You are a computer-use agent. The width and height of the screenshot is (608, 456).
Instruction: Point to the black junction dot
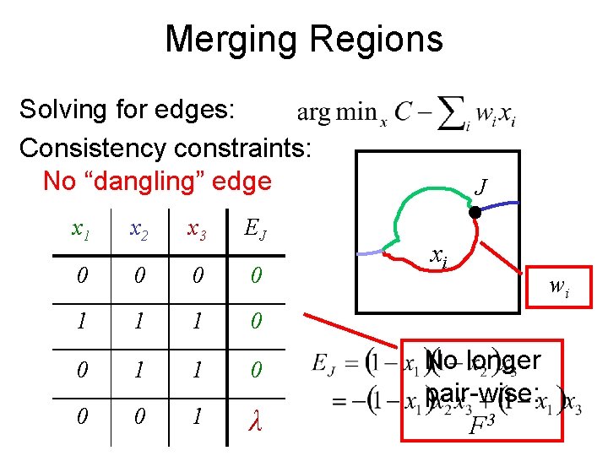[x=475, y=214]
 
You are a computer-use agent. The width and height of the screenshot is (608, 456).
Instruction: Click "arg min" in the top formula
[x=334, y=113]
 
